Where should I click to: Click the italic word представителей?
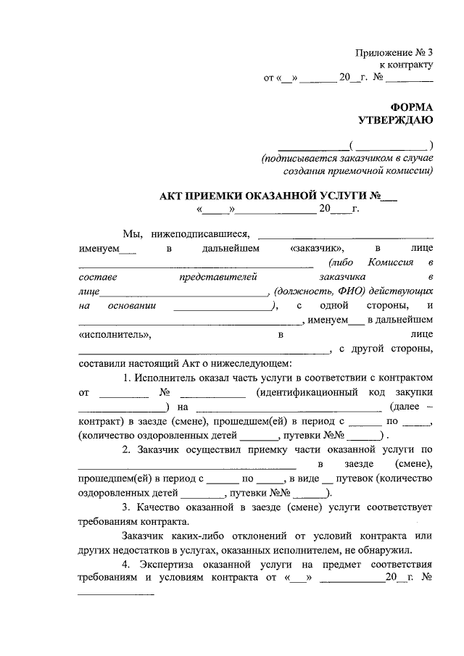218,277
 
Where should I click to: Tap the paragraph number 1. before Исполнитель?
127,378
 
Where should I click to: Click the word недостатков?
150,549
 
